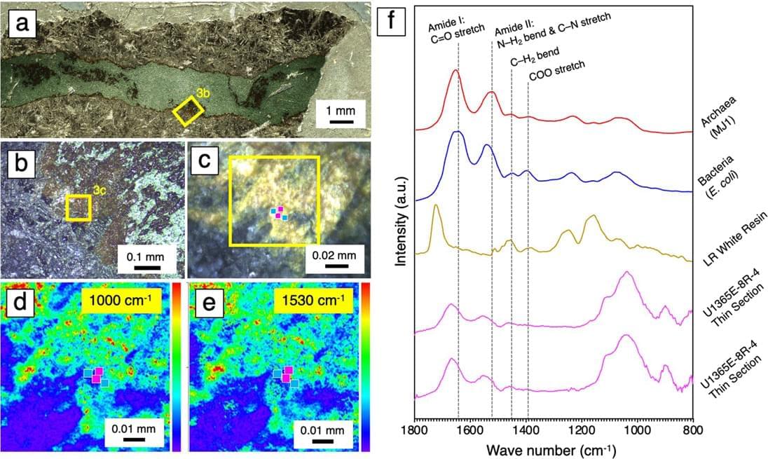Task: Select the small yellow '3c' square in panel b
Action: coord(78,208)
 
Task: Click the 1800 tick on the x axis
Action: coord(415,430)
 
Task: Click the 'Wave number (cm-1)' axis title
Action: coord(553,448)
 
